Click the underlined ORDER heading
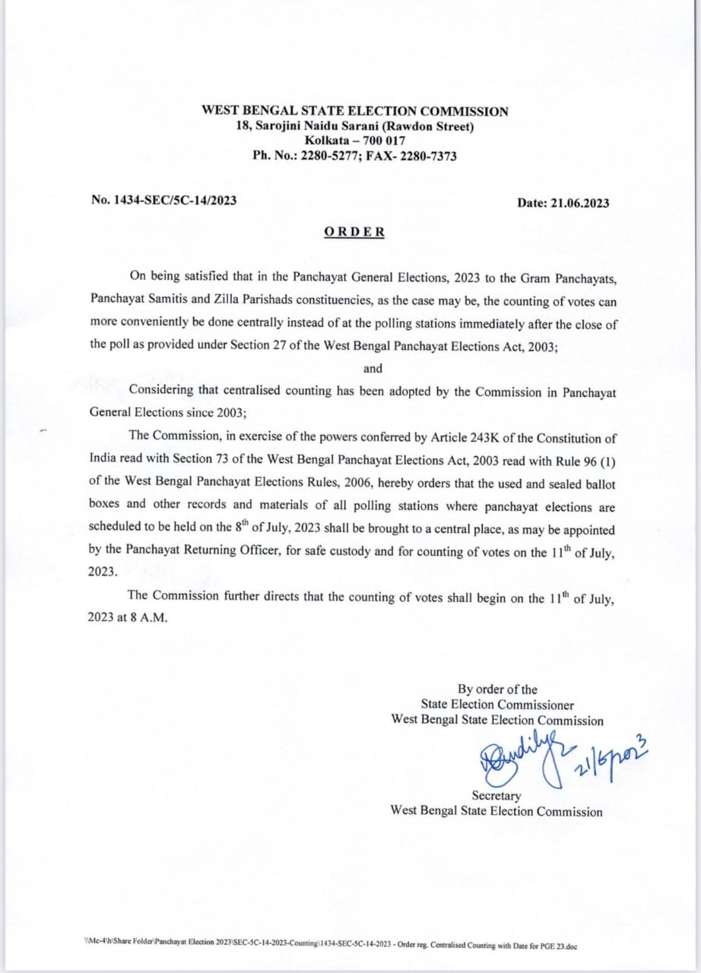[x=354, y=232]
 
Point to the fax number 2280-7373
[x=430, y=155]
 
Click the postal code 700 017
[x=383, y=141]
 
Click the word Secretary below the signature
[x=496, y=796]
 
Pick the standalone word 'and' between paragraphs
[x=373, y=368]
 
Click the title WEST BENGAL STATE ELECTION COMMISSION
[x=355, y=111]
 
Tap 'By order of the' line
[x=496, y=689]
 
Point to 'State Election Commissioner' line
[x=497, y=705]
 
